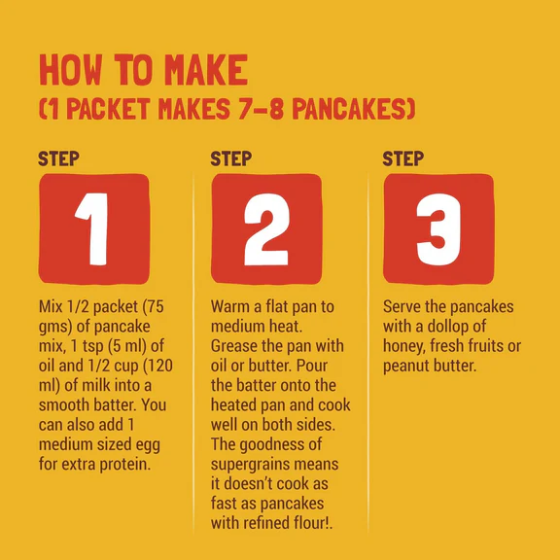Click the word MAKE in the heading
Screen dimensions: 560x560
pos(206,70)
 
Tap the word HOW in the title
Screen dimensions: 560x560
pos(70,70)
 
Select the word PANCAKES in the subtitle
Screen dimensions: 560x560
pos(354,109)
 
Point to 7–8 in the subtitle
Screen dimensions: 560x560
pos(262,109)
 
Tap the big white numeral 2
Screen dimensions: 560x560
pos(266,229)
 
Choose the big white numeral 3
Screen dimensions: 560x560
pos(438,229)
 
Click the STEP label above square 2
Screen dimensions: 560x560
pos(231,158)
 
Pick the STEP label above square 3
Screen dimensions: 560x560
pos(403,158)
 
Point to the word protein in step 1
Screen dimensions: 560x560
pos(125,465)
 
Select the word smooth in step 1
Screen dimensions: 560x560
pos(64,405)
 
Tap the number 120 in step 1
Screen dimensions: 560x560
pos(159,366)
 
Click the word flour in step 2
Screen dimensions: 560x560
pos(311,523)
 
